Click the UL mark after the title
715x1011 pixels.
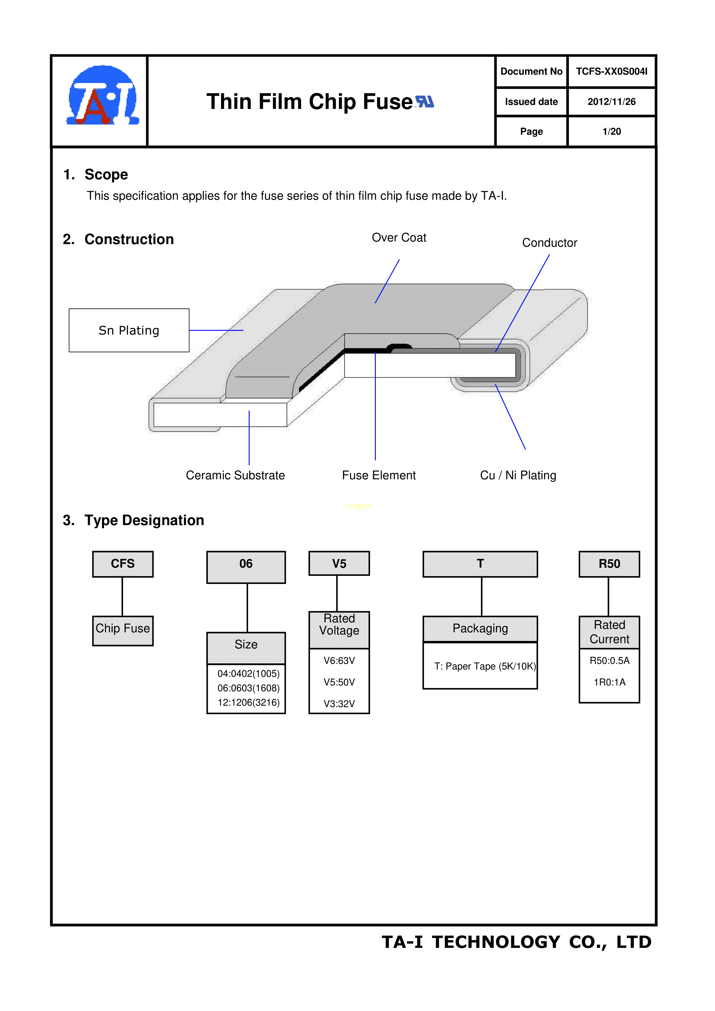coord(425,102)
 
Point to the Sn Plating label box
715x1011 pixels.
coord(129,330)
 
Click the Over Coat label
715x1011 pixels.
coord(399,238)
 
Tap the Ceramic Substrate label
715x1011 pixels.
coord(235,476)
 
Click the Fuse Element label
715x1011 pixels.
coord(379,476)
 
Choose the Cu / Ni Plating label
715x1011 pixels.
coord(518,476)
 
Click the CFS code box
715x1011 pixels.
coord(123,564)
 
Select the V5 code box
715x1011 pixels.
coord(339,564)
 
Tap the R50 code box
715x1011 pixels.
coord(609,564)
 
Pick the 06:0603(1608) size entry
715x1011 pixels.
coord(248,688)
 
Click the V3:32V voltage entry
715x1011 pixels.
coord(339,704)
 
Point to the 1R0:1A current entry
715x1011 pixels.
coord(609,682)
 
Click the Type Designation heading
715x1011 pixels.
coord(144,520)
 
